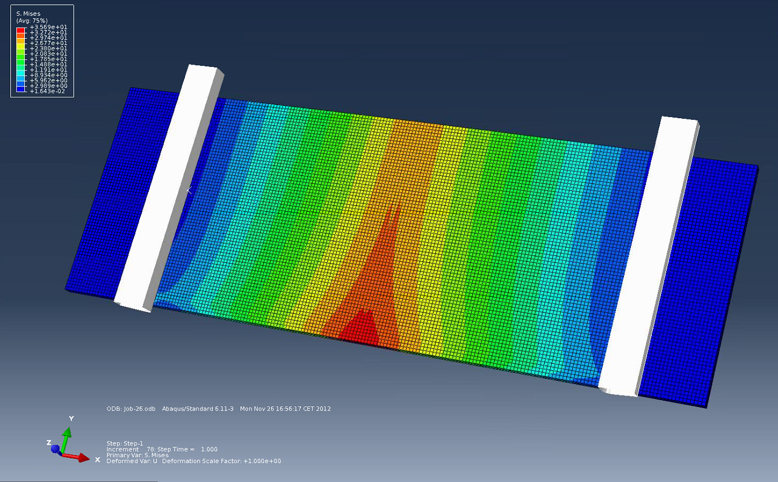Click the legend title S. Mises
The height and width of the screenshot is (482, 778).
pyautogui.click(x=28, y=13)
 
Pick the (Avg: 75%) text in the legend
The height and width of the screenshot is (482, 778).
pyautogui.click(x=32, y=20)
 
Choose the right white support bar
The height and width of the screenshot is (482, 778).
pyautogui.click(x=649, y=254)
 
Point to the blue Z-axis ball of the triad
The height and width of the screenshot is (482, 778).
pyautogui.click(x=55, y=448)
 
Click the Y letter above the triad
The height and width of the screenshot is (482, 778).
pyautogui.click(x=71, y=419)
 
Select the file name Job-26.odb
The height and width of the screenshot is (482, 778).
pyautogui.click(x=139, y=409)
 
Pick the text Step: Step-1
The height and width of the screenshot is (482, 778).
pyautogui.click(x=125, y=443)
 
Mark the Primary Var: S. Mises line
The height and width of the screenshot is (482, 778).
pyautogui.click(x=137, y=455)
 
